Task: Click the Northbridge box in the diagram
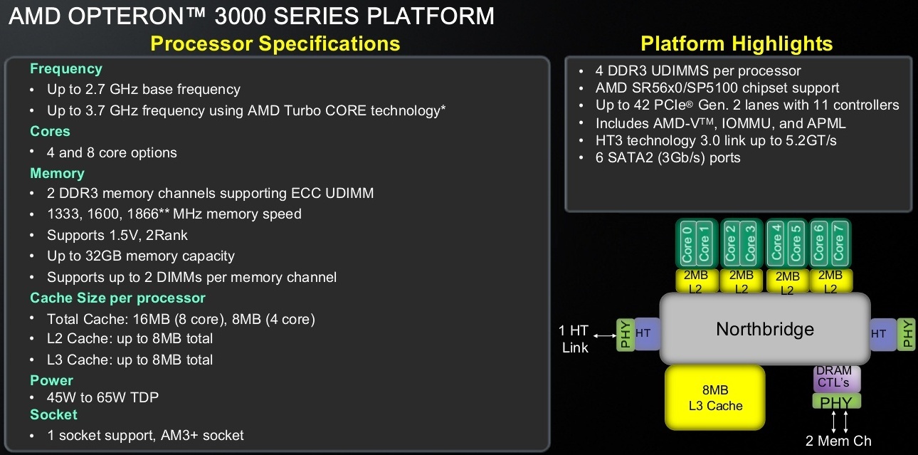coord(765,329)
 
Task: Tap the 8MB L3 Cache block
coord(715,397)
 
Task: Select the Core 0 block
coord(687,244)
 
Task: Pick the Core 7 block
coord(838,244)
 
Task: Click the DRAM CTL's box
coord(836,377)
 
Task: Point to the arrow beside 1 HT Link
coord(605,335)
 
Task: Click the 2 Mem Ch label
coord(838,441)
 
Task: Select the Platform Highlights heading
coord(737,43)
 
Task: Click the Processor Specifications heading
coord(275,43)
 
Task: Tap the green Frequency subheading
coord(66,69)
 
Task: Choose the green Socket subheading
coord(53,414)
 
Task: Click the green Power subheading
coord(52,380)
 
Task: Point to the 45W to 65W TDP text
coord(102,397)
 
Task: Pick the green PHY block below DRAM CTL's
coord(836,402)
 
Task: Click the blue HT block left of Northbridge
coord(647,334)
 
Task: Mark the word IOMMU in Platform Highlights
coord(746,123)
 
